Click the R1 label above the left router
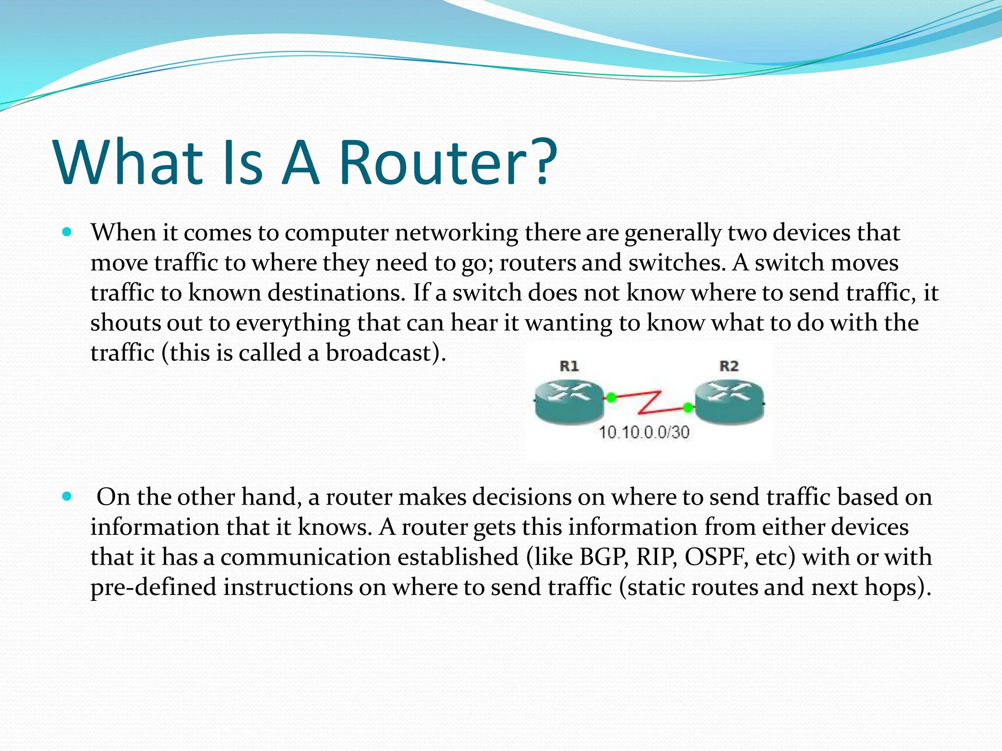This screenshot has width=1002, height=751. point(569,366)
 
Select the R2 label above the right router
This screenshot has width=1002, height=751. point(729,366)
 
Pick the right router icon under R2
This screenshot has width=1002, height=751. point(729,402)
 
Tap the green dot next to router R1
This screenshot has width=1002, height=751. point(611,398)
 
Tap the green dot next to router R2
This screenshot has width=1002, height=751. point(688,407)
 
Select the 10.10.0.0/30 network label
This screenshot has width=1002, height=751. point(644,432)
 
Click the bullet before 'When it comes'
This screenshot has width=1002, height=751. point(68,232)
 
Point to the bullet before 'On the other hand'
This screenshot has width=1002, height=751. point(68,497)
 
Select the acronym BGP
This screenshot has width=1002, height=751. point(604,557)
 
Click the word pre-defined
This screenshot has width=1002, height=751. point(153,588)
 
